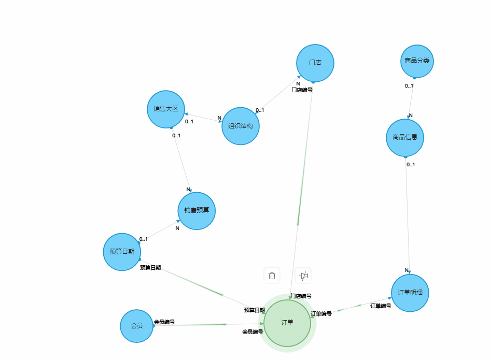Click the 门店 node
pos(315,63)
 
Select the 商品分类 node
pos(417,61)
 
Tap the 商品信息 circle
pos(405,138)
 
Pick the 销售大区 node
pos(166,109)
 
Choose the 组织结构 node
pos(241,126)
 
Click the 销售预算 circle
pos(197,211)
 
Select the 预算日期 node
pos(122,252)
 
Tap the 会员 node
pos(137,326)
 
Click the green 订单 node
pos(287,323)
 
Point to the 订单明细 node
pos(410,293)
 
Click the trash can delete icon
pos(272,276)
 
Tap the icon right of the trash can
pos(304,276)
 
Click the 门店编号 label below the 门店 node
pos(302,90)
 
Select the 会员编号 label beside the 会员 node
pos(164,322)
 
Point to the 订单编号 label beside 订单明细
pos(381,306)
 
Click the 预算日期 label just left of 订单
pos(255,310)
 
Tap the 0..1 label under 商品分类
pos(409,86)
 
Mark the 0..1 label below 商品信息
pos(411,165)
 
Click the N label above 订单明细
pos(407,270)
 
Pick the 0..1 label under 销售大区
pos(176,136)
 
